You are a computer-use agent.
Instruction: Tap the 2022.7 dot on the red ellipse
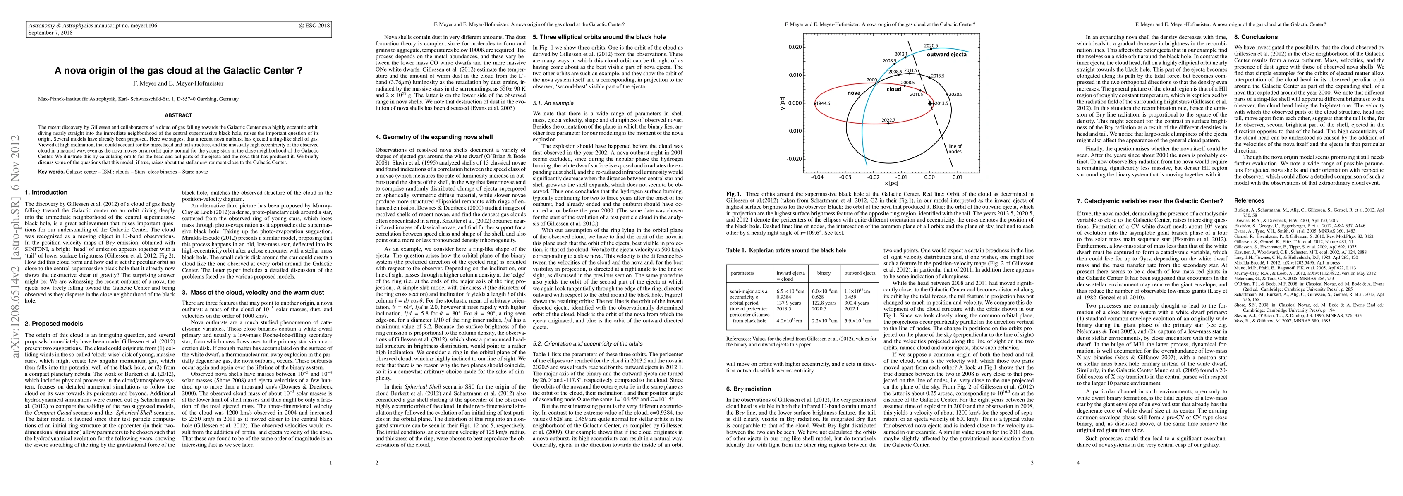[888, 124]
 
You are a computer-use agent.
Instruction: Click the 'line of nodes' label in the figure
[955, 149]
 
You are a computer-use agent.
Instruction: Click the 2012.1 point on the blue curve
[905, 58]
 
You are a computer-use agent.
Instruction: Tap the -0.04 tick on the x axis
[817, 177]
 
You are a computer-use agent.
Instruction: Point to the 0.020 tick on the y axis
[795, 48]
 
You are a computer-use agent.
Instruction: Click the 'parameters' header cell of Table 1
[742, 273]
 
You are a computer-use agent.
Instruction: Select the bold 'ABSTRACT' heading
[178, 115]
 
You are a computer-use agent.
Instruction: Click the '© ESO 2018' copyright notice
[314, 25]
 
